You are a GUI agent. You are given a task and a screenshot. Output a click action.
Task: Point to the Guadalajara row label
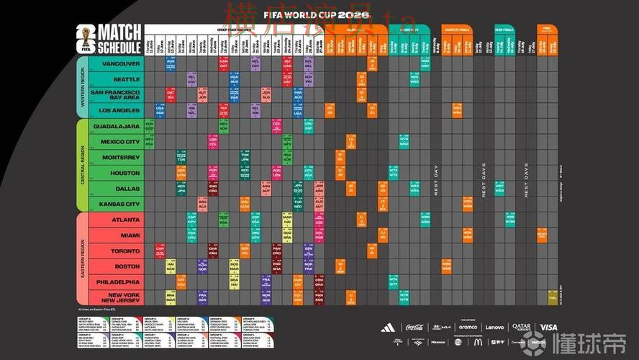click(117, 126)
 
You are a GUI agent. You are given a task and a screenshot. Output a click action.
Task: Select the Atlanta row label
click(125, 220)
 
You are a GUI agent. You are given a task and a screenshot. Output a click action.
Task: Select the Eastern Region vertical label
click(83, 259)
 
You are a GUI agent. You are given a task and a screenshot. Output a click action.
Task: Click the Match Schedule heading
click(119, 38)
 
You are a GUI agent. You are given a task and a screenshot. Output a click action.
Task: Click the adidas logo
click(389, 328)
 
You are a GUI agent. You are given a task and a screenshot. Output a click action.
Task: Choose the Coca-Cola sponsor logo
click(414, 328)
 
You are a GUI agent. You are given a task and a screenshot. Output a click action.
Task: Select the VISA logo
click(548, 328)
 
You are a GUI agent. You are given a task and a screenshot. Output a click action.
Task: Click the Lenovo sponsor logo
click(494, 328)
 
